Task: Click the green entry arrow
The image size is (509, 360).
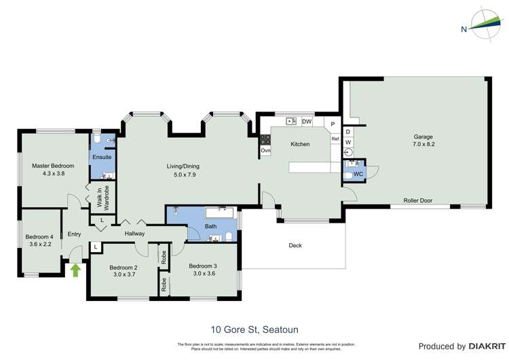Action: coord(75,270)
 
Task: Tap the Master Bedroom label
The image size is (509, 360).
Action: coord(53,166)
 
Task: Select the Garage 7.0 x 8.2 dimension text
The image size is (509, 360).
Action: coord(423,145)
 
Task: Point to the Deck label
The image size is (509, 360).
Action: coord(295,245)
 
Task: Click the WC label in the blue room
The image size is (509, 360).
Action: coord(357,175)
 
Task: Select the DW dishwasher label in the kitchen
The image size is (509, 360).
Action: coord(306,122)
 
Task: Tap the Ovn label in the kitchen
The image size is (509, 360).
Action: coord(265,150)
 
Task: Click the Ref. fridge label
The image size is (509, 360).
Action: coord(335,139)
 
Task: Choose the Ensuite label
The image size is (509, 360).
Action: coord(102,157)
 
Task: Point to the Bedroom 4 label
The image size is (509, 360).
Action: coord(39,236)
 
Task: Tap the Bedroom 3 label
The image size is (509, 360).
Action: coord(203,266)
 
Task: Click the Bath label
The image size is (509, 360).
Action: coord(210,228)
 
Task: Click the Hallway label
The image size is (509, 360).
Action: coord(134,234)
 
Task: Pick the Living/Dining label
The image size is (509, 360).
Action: coord(183,166)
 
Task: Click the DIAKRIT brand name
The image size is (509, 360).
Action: coord(484,346)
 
